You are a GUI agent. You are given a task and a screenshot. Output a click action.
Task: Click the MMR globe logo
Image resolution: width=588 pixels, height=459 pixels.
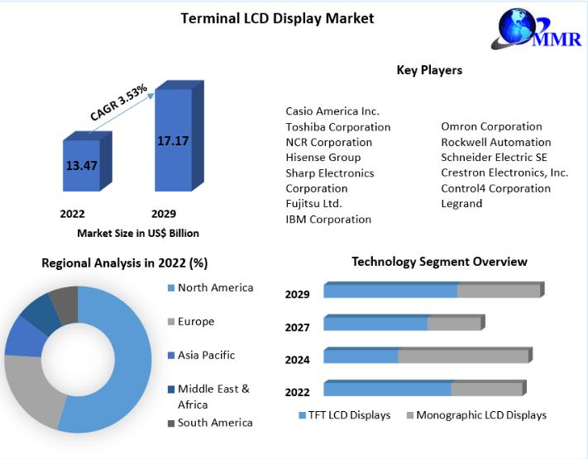coord(536,29)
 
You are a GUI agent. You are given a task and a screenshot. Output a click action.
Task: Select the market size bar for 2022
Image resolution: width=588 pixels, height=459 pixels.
coord(88,161)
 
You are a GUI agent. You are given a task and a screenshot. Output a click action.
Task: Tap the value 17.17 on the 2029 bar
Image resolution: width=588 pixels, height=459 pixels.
coord(173,141)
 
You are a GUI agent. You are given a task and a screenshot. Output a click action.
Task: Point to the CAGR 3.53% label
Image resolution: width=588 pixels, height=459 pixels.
coord(119,102)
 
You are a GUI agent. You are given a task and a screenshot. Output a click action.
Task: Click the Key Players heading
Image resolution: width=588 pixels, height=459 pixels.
coord(429,70)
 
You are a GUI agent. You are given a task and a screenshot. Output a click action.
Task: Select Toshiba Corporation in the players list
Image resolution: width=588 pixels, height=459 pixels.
coord(338,127)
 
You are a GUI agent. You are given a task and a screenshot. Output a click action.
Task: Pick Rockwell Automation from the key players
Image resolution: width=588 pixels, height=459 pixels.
coord(495,142)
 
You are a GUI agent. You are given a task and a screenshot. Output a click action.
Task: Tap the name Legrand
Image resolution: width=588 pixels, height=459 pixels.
coord(461,204)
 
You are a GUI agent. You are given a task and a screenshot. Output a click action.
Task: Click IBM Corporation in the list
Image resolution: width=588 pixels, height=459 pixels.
coord(328,219)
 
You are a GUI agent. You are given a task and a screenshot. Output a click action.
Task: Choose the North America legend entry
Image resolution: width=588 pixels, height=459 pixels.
coord(210,287)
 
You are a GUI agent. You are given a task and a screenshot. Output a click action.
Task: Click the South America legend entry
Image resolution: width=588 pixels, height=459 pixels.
coord(210,423)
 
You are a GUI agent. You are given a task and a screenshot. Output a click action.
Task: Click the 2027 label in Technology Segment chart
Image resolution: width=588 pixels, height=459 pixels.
coord(297,327)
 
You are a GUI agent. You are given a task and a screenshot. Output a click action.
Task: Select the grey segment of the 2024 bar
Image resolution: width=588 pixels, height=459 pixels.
coord(463,356)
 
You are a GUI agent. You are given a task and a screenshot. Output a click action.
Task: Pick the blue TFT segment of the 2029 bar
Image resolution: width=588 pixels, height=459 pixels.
coord(390,290)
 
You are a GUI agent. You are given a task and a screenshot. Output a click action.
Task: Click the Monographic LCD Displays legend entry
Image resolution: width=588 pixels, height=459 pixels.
coord(476,414)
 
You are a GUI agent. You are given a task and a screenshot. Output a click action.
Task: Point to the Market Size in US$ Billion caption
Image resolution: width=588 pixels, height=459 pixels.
coord(138,234)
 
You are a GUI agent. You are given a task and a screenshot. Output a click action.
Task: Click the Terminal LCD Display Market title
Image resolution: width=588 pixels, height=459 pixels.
coord(277,18)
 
